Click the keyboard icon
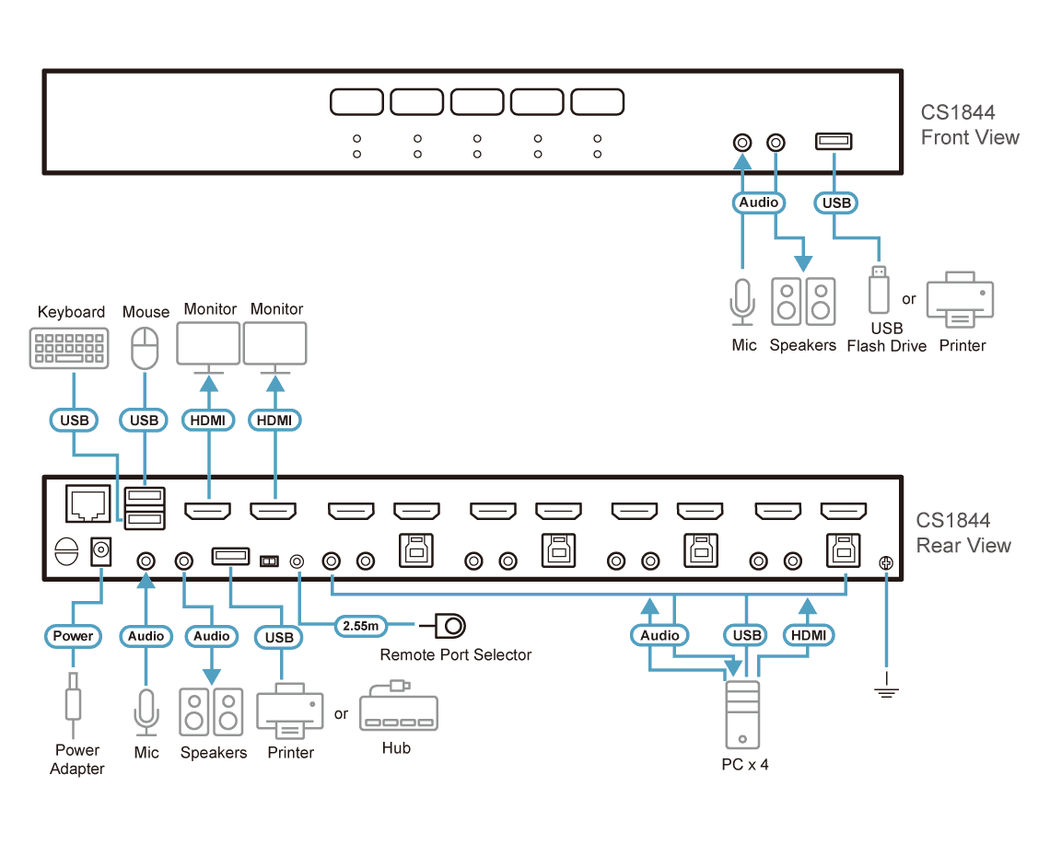[x=69, y=348]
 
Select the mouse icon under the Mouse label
[x=145, y=348]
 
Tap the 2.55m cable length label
[x=361, y=626]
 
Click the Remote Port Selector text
[x=455, y=654]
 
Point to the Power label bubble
[x=73, y=636]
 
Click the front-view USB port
[x=834, y=141]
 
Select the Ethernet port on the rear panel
[x=87, y=503]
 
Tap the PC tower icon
[x=742, y=714]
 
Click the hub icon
[x=399, y=708]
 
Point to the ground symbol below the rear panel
[x=886, y=688]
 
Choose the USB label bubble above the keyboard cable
[x=75, y=421]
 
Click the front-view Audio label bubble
[x=759, y=202]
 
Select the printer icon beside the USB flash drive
[x=961, y=299]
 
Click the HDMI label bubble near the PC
[x=809, y=635]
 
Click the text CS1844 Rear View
[x=962, y=533]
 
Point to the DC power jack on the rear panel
[x=100, y=551]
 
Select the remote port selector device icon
[x=443, y=626]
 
